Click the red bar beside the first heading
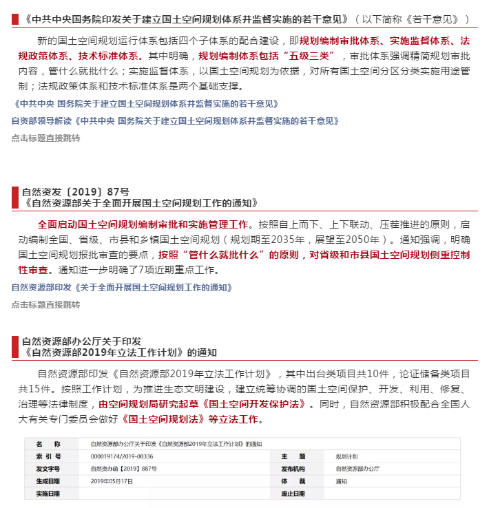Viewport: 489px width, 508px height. pos(13,19)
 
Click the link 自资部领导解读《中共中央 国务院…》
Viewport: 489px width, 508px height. pos(175,120)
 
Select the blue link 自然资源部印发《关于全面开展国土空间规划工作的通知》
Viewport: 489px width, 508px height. pos(122,287)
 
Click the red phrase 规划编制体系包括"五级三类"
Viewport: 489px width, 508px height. pos(266,55)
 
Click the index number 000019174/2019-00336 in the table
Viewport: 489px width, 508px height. pos(122,456)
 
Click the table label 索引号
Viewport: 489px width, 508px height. pos(48,456)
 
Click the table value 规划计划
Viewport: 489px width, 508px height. pos(346,456)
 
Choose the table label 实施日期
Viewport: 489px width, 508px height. pos(48,494)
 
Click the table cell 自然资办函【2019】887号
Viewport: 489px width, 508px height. pos(124,469)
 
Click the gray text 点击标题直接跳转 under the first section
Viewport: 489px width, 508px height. pos(46,138)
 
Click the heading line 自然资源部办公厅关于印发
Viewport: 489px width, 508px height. pos(81,341)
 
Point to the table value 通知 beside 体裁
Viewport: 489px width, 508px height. pos(342,481)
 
